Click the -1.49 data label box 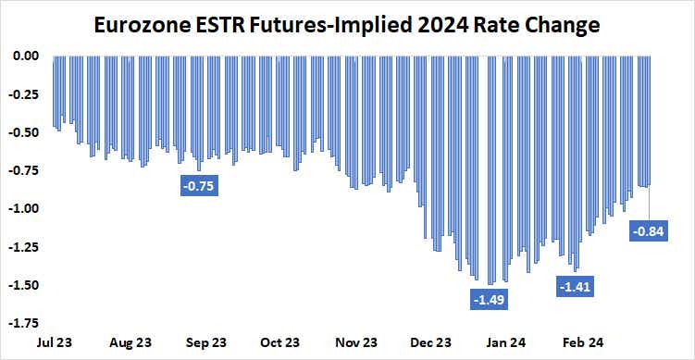click(490, 300)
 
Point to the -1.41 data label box click(575, 287)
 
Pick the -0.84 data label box click(648, 231)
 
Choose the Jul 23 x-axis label click(55, 342)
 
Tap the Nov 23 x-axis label click(356, 342)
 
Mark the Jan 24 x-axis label click(507, 342)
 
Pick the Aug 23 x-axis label click(130, 342)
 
